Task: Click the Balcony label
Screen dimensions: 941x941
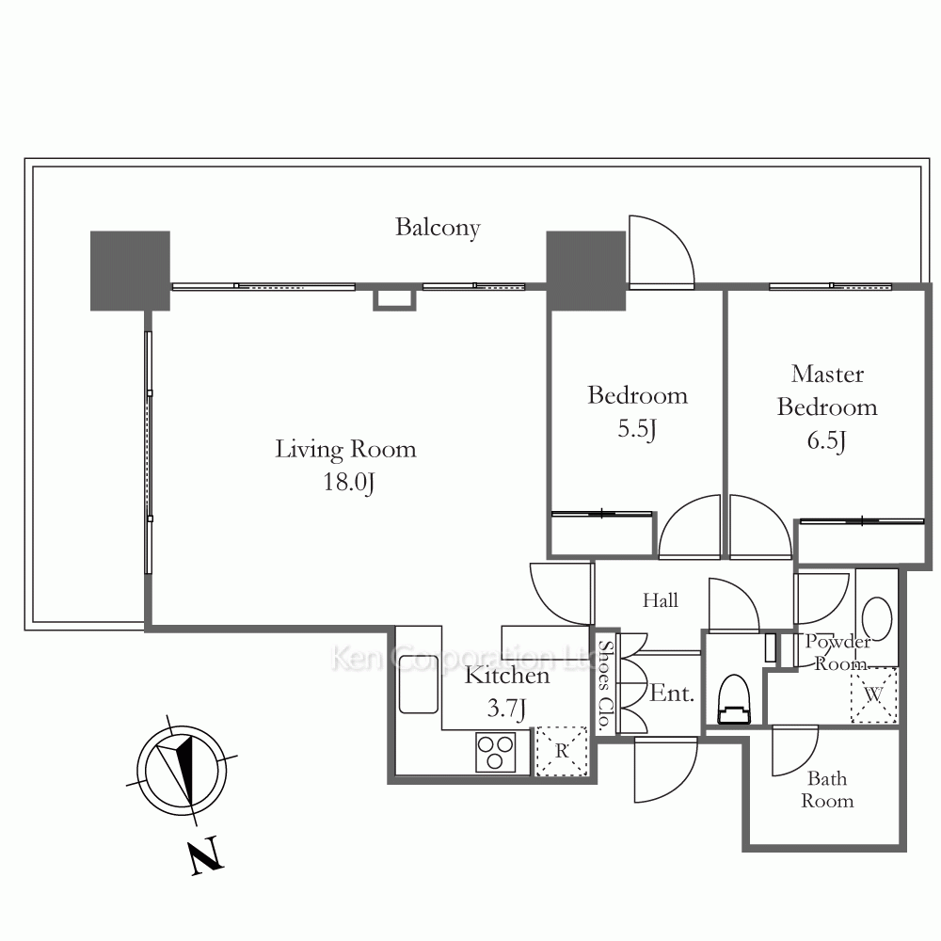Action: pyautogui.click(x=439, y=228)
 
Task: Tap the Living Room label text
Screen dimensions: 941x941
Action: pyautogui.click(x=345, y=450)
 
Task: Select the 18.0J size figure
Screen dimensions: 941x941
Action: pyautogui.click(x=349, y=483)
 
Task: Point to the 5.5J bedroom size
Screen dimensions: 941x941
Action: pyautogui.click(x=637, y=429)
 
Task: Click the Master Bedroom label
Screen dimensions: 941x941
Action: pyautogui.click(x=827, y=391)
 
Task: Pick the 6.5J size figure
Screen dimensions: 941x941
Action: pyautogui.click(x=826, y=441)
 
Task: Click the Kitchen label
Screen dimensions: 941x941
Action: pyautogui.click(x=507, y=676)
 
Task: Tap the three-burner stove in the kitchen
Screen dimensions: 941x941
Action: pyautogui.click(x=495, y=752)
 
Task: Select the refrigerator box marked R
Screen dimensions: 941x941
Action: pyautogui.click(x=562, y=751)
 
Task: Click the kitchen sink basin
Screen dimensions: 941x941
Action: pyautogui.click(x=419, y=684)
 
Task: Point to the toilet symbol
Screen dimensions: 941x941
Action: pyautogui.click(x=735, y=700)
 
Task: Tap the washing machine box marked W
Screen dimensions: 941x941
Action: pyautogui.click(x=874, y=695)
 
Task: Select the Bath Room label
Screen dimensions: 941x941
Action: pyautogui.click(x=827, y=789)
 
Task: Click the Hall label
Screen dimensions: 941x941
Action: pyautogui.click(x=661, y=600)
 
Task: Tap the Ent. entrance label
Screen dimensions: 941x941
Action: pyautogui.click(x=672, y=694)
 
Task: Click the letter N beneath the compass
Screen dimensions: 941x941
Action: pyautogui.click(x=206, y=854)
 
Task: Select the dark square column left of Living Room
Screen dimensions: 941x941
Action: pyautogui.click(x=130, y=271)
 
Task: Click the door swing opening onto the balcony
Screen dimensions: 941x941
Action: pyautogui.click(x=662, y=251)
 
